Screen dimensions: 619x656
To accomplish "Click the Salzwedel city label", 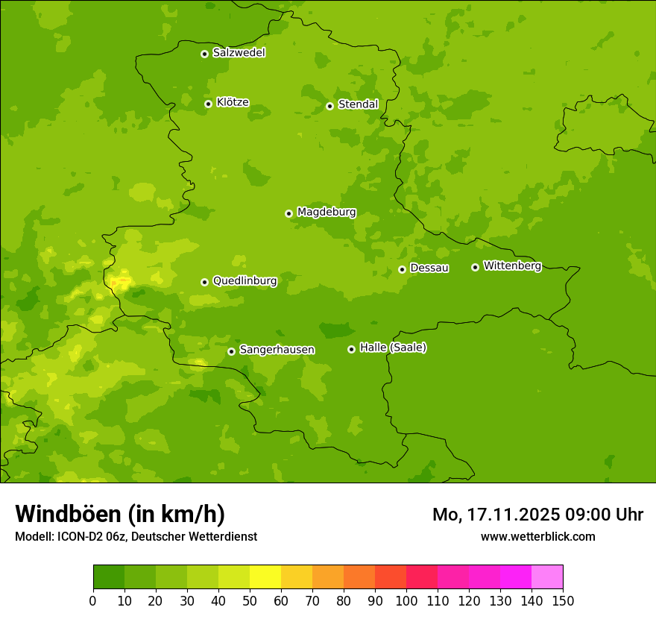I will click(239, 53).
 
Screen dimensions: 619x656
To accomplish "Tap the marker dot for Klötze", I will click(208, 104).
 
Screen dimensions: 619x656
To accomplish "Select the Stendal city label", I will click(358, 104).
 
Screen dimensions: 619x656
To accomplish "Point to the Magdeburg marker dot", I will click(288, 213).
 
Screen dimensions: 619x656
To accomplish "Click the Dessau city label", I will click(429, 268).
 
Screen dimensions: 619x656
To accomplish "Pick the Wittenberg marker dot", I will click(475, 267).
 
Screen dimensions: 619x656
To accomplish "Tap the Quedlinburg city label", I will click(245, 281).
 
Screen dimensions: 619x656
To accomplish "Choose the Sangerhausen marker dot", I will click(231, 351).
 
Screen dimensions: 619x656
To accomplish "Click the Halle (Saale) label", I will click(393, 348).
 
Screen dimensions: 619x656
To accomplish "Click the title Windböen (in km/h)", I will click(120, 514).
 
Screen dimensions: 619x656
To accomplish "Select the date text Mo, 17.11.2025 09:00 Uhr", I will click(537, 515).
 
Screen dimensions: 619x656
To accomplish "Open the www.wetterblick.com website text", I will click(537, 536).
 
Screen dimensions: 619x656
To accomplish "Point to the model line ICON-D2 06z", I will click(136, 536).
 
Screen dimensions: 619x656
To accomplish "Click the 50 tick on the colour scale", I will click(250, 601).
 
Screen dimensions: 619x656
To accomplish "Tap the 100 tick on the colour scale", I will click(406, 601).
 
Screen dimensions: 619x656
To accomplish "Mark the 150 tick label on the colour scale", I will click(563, 601).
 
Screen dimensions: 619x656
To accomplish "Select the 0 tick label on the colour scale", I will click(93, 601).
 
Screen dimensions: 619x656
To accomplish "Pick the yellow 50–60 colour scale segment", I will click(265, 577).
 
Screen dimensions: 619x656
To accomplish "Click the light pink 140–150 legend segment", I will click(547, 577).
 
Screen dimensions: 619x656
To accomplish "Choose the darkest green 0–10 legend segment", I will click(109, 577).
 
